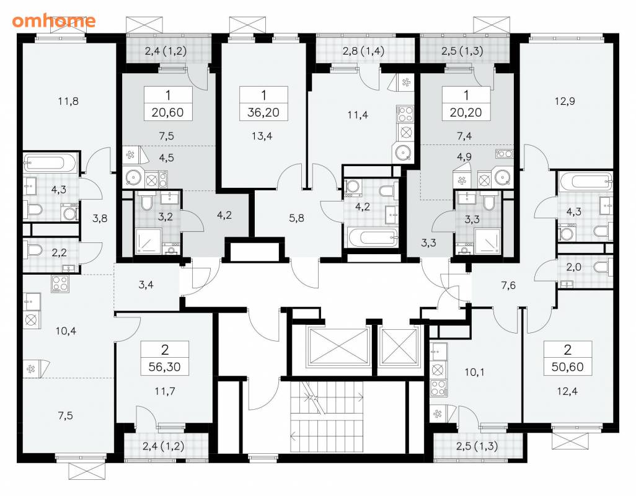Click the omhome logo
pyautogui.click(x=53, y=20)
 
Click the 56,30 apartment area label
pyautogui.click(x=164, y=367)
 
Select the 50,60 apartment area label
pyautogui.click(x=567, y=367)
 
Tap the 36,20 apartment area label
pyautogui.click(x=263, y=112)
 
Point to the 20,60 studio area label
pyautogui.click(x=167, y=112)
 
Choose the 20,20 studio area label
pyautogui.click(x=466, y=112)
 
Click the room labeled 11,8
pyautogui.click(x=68, y=101)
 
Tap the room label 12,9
pyautogui.click(x=565, y=101)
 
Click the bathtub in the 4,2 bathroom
pyautogui.click(x=373, y=237)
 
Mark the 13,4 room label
pyautogui.click(x=262, y=136)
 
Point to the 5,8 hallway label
pyautogui.click(x=296, y=218)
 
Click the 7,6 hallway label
pyautogui.click(x=508, y=286)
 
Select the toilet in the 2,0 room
pyautogui.click(x=603, y=268)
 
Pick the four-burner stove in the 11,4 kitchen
pyautogui.click(x=405, y=113)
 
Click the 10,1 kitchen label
pyautogui.click(x=474, y=372)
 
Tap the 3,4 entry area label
pyautogui.click(x=146, y=285)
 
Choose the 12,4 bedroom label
pyautogui.click(x=567, y=392)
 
